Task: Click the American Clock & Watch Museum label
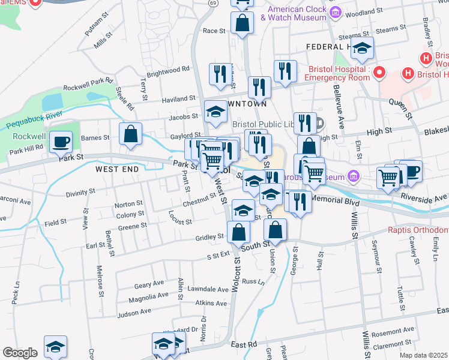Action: coord(297,13)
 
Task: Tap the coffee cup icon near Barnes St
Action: coord(60,142)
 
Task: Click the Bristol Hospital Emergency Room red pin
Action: coord(379,74)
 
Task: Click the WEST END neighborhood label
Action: coord(116,170)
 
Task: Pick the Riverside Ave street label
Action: coord(425,197)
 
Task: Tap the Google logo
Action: coord(20,353)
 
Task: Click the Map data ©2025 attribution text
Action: coord(423,355)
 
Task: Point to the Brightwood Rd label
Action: coord(168,71)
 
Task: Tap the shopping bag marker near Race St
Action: coord(242,25)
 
